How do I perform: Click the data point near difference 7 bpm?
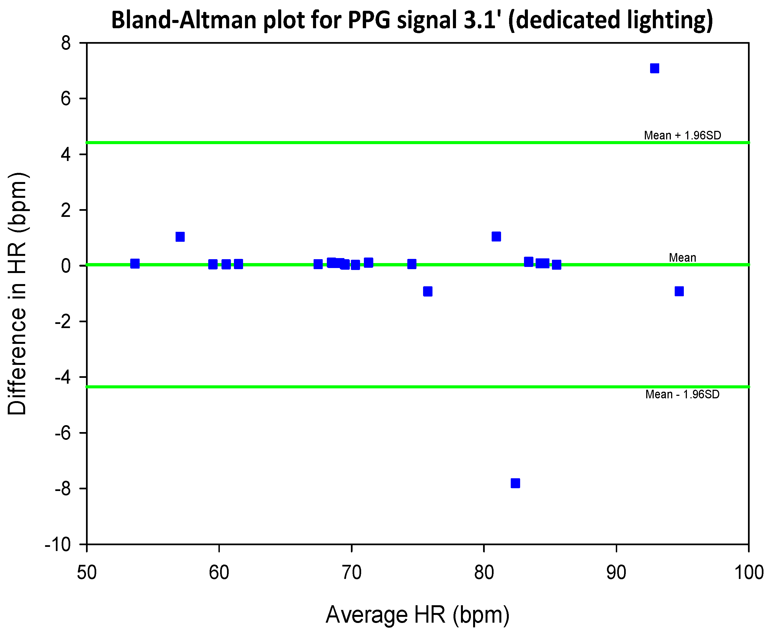click(654, 68)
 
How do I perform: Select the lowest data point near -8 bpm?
click(515, 483)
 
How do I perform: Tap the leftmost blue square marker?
click(135, 264)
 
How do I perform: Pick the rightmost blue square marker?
click(679, 291)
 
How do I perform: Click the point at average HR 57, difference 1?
click(180, 237)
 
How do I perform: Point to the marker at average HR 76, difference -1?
click(427, 291)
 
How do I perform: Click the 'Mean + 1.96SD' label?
click(682, 136)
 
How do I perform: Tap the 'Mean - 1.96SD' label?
click(682, 394)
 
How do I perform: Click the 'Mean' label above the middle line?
click(682, 258)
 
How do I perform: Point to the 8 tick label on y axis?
click(66, 43)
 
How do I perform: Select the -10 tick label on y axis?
click(58, 545)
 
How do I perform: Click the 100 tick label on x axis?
click(749, 573)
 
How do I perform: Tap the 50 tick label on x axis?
click(87, 573)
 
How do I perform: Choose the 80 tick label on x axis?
click(484, 573)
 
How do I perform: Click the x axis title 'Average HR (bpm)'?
click(417, 615)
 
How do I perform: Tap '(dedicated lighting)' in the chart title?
click(610, 20)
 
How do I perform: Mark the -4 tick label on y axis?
click(62, 377)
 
